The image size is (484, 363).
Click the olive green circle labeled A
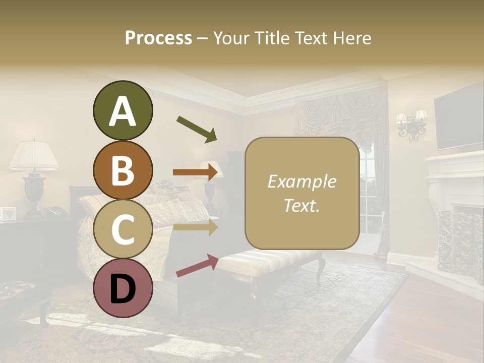point(123,111)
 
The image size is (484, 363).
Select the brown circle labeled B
point(123,170)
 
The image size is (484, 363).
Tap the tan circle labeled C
point(123,229)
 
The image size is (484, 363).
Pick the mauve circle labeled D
point(123,289)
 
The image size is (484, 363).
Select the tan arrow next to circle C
point(196,227)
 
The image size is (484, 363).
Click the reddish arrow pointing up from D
point(197,266)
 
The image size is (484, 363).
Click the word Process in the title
point(158,38)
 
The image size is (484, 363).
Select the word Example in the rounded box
point(301,182)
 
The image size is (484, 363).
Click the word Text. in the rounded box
point(301,206)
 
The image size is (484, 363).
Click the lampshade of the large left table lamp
point(34,155)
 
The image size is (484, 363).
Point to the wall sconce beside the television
point(411,125)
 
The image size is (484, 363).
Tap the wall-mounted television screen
point(459,121)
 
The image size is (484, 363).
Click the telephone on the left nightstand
point(54,211)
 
